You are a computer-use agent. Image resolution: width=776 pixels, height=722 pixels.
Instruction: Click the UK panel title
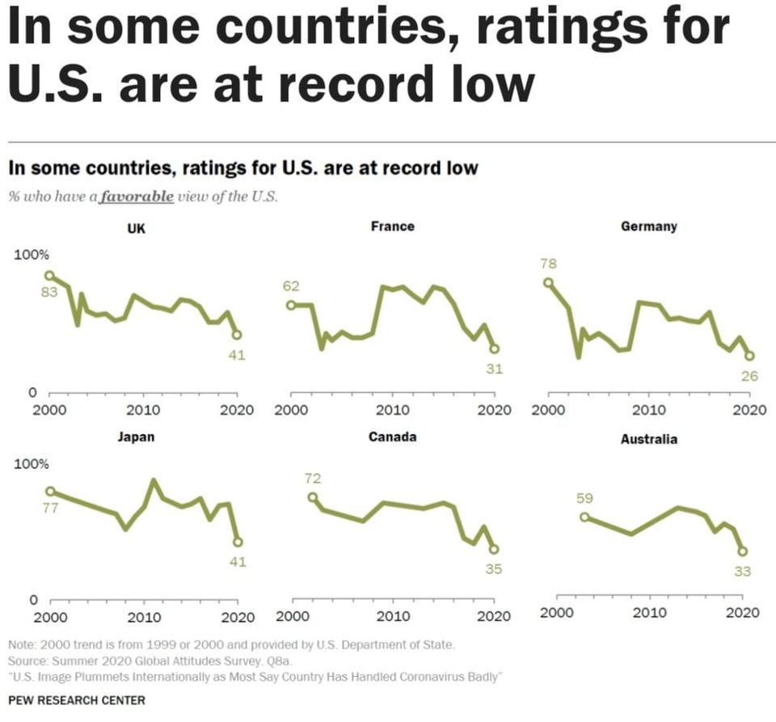pyautogui.click(x=136, y=229)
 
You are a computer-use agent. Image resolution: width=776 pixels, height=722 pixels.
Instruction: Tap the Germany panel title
pyautogui.click(x=648, y=226)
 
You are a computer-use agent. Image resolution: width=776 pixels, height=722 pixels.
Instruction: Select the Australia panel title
pyautogui.click(x=649, y=439)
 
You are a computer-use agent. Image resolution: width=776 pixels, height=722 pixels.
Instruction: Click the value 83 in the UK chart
pyautogui.click(x=49, y=292)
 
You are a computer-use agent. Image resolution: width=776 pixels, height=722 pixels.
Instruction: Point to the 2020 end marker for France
pyautogui.click(x=494, y=348)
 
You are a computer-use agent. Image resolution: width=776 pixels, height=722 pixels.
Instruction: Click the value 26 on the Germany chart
pyautogui.click(x=749, y=375)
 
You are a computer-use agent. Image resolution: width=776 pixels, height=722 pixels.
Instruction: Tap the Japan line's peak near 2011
pyautogui.click(x=154, y=481)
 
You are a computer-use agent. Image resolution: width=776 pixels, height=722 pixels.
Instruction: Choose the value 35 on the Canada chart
pyautogui.click(x=494, y=568)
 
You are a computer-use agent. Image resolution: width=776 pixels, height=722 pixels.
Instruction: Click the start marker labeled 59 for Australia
pyautogui.click(x=584, y=517)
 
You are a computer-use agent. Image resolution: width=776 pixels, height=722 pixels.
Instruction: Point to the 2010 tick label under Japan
pyautogui.click(x=143, y=617)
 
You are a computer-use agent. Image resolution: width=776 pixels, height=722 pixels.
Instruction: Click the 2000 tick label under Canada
pyautogui.click(x=292, y=617)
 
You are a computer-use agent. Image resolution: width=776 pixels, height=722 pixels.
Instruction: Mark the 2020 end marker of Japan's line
pyautogui.click(x=238, y=542)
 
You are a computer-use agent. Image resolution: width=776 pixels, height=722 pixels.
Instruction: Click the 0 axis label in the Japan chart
pyautogui.click(x=33, y=601)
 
